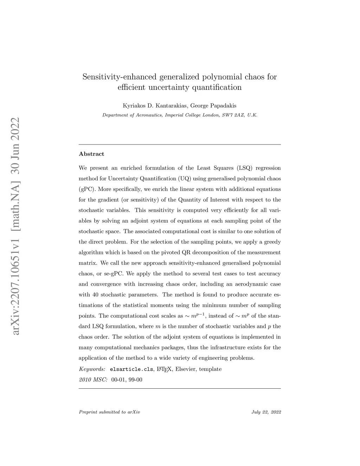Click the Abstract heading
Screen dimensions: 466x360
click(x=91, y=154)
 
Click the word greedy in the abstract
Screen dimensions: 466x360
click(x=272, y=242)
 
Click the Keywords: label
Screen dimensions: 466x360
click(x=92, y=369)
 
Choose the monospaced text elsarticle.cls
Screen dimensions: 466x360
click(x=131, y=369)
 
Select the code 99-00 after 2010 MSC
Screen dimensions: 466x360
click(x=136, y=380)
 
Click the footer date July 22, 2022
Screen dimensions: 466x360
click(x=266, y=412)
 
